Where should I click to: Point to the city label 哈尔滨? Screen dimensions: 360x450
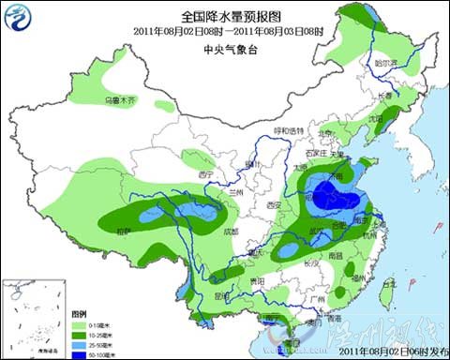tap(382, 64)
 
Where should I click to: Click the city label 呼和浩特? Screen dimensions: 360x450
tap(289, 130)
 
